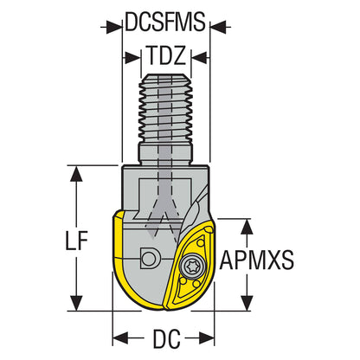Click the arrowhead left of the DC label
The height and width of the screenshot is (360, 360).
pyautogui.click(x=119, y=337)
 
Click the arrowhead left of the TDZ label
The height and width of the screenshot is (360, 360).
pyautogui.click(x=135, y=59)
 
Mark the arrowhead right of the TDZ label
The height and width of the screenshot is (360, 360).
pyautogui.click(x=197, y=59)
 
